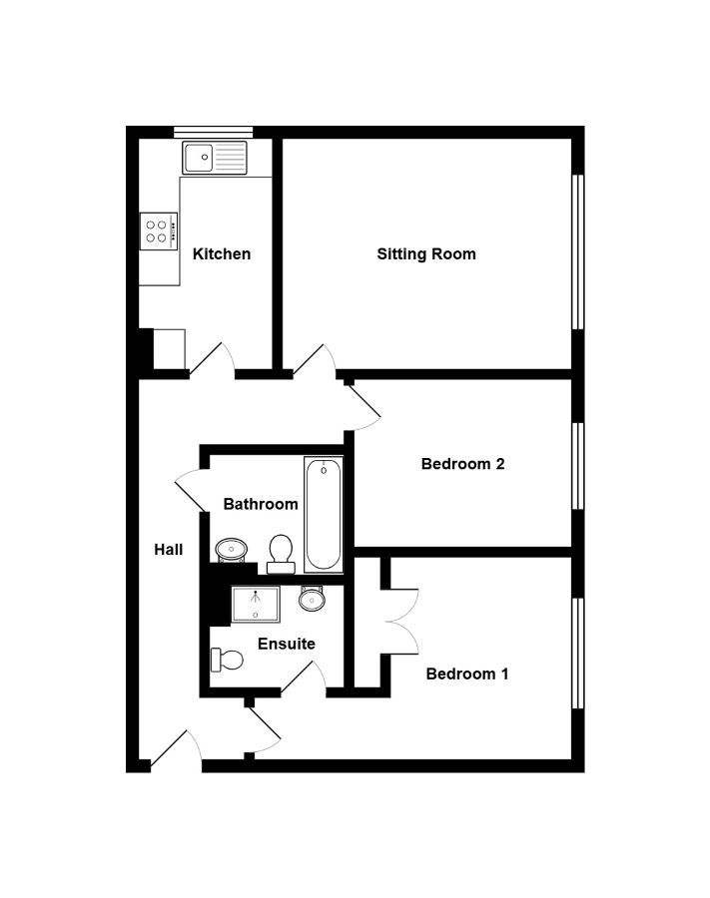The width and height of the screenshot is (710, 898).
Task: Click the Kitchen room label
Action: click(222, 253)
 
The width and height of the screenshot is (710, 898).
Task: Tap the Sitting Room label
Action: click(426, 253)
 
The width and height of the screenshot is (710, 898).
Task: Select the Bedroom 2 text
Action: click(463, 463)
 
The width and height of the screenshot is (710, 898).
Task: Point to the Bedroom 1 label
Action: click(467, 673)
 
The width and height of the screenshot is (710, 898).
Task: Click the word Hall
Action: click(169, 549)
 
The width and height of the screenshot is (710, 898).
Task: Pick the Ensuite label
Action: click(287, 644)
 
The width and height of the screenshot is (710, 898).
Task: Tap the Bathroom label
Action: click(261, 504)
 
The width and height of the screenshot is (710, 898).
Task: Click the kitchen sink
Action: click(215, 158)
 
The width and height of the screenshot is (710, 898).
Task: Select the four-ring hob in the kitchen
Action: click(159, 231)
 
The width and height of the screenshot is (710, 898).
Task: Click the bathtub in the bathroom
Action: click(324, 514)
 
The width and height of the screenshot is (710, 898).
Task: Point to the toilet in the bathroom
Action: click(281, 554)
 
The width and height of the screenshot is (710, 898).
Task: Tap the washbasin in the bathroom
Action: click(232, 551)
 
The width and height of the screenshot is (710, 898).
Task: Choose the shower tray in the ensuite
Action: click(256, 605)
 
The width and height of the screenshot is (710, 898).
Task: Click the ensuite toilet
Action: click(227, 660)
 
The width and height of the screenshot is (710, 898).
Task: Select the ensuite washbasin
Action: click(313, 598)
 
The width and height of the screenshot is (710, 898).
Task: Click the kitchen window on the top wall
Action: click(213, 133)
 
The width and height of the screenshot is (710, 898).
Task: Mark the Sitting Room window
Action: click(578, 252)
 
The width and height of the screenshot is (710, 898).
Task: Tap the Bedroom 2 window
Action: click(578, 466)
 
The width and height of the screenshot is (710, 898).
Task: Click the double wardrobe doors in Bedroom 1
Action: click(401, 622)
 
